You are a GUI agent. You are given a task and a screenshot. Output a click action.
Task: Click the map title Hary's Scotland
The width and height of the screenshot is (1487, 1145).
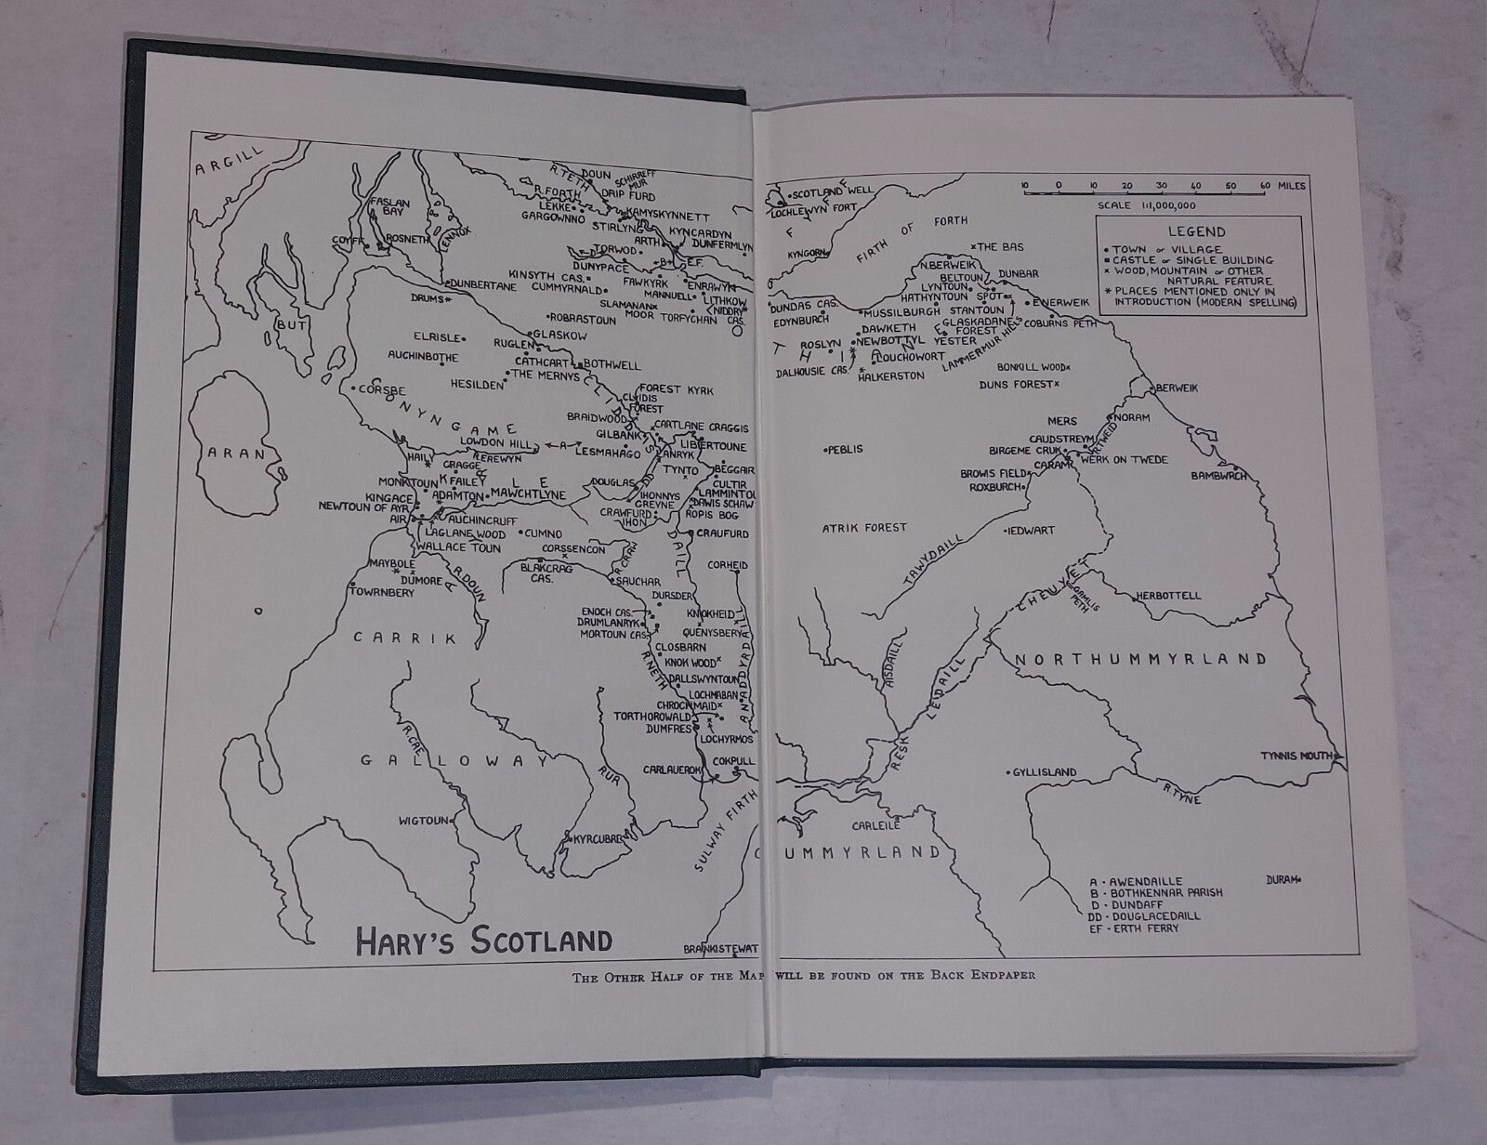pos(484,940)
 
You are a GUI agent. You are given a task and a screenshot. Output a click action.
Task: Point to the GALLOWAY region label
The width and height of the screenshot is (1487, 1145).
pos(453,760)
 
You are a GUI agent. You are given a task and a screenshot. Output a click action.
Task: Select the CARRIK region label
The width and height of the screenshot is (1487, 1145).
pos(405,638)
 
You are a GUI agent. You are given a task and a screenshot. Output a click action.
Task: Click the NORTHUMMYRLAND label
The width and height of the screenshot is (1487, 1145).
pos(1139,659)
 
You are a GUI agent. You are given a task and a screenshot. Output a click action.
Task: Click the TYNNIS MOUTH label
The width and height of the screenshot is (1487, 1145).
pos(1297,755)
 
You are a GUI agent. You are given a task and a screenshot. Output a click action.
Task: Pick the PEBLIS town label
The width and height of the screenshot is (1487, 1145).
pos(843,449)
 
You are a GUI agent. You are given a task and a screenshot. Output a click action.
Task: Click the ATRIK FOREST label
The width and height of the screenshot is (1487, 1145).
pos(863,528)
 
